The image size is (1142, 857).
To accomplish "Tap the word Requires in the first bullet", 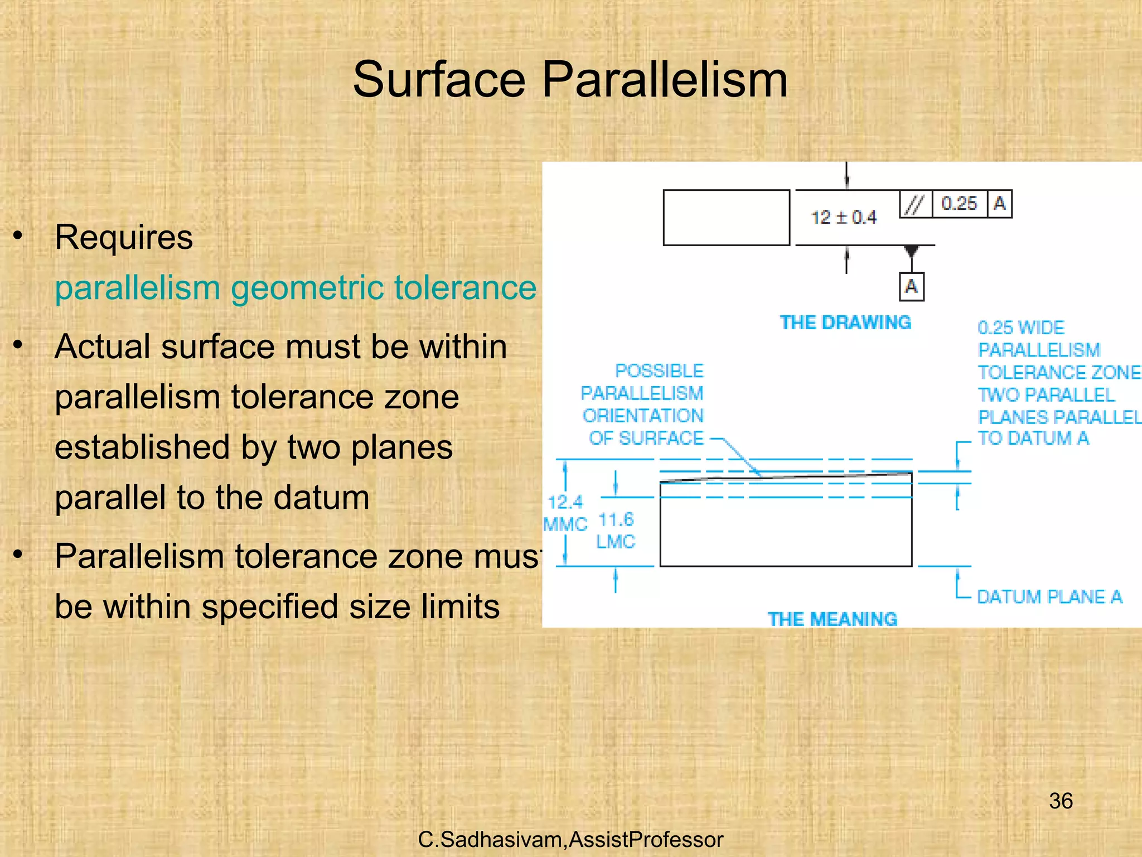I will (124, 238).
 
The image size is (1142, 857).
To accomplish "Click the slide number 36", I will (1061, 801).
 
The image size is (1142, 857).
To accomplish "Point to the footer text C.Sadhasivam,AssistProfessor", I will (570, 840).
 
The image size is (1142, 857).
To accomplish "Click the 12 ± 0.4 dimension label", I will (843, 217).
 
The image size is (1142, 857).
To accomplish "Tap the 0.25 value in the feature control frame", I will (959, 203).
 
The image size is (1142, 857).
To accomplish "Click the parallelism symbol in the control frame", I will (915, 204).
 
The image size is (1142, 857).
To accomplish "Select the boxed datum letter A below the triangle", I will (911, 287).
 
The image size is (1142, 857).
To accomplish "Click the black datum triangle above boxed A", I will (911, 251).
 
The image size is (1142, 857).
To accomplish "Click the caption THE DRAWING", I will (845, 322).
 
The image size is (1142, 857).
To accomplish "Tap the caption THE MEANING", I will (832, 619).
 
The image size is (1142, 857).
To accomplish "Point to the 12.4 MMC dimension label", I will (565, 513).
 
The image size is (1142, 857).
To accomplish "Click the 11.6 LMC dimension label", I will (616, 531).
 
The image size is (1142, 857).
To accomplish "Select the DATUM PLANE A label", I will (1049, 597).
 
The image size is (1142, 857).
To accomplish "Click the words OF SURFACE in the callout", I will (646, 439).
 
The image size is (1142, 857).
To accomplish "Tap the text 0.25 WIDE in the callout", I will (1021, 328).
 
